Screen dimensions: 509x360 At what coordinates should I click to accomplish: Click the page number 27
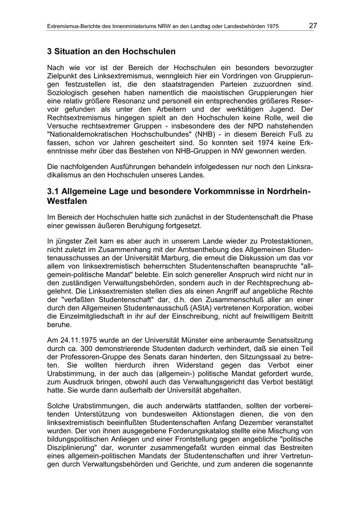pos(313,26)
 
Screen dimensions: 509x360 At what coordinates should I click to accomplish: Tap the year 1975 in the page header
pos(271,27)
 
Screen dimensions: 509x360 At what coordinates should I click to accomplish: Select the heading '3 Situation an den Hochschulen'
pos(111,52)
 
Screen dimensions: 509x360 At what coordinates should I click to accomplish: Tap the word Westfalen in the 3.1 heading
pos(67,201)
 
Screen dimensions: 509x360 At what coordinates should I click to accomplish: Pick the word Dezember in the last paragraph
pos(256,422)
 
